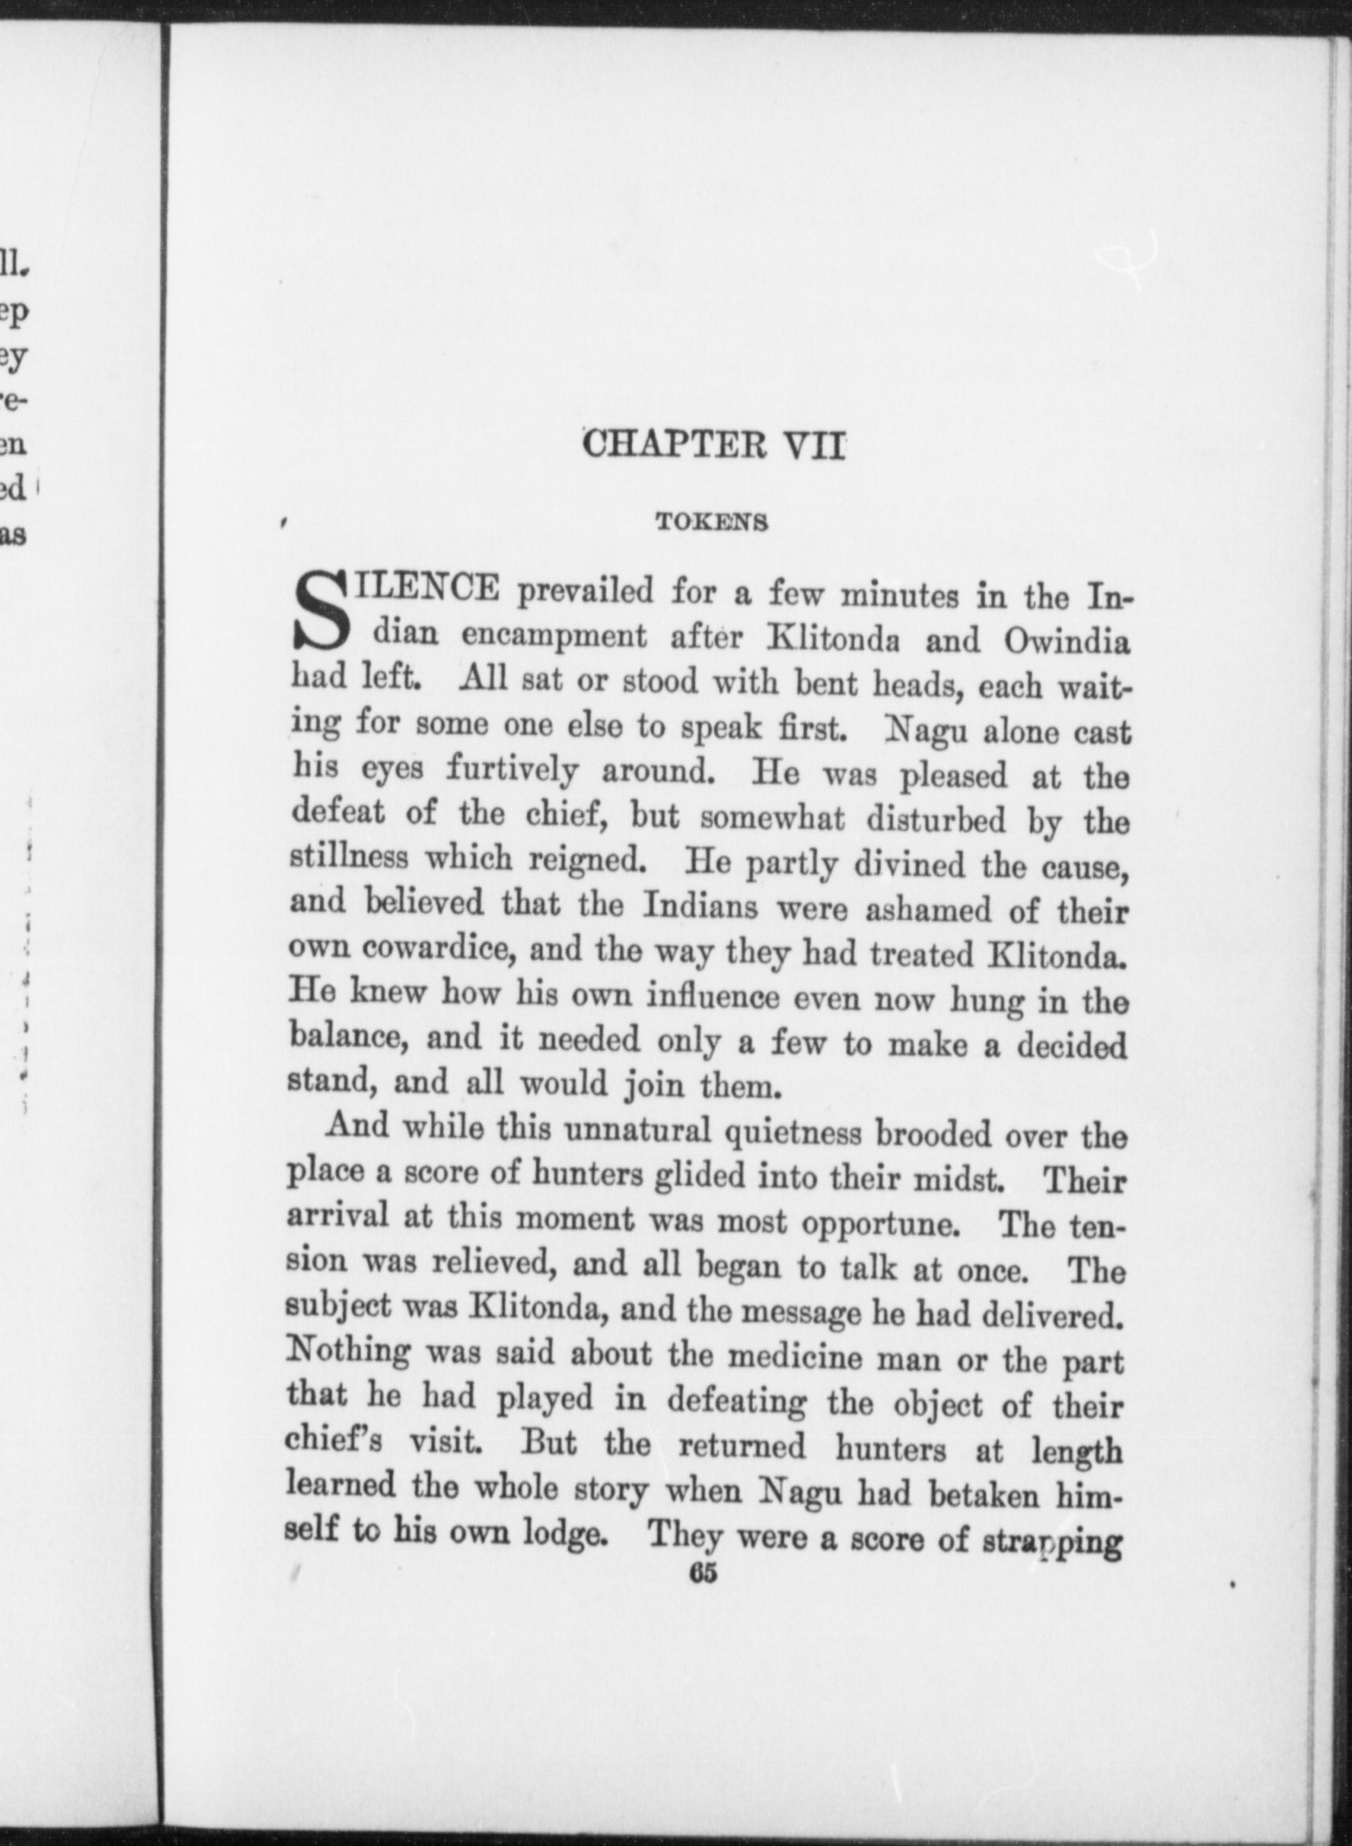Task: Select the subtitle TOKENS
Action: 712,522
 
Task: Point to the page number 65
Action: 703,1573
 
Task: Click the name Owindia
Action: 1067,641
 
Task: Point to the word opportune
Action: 880,1223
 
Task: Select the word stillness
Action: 348,857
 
